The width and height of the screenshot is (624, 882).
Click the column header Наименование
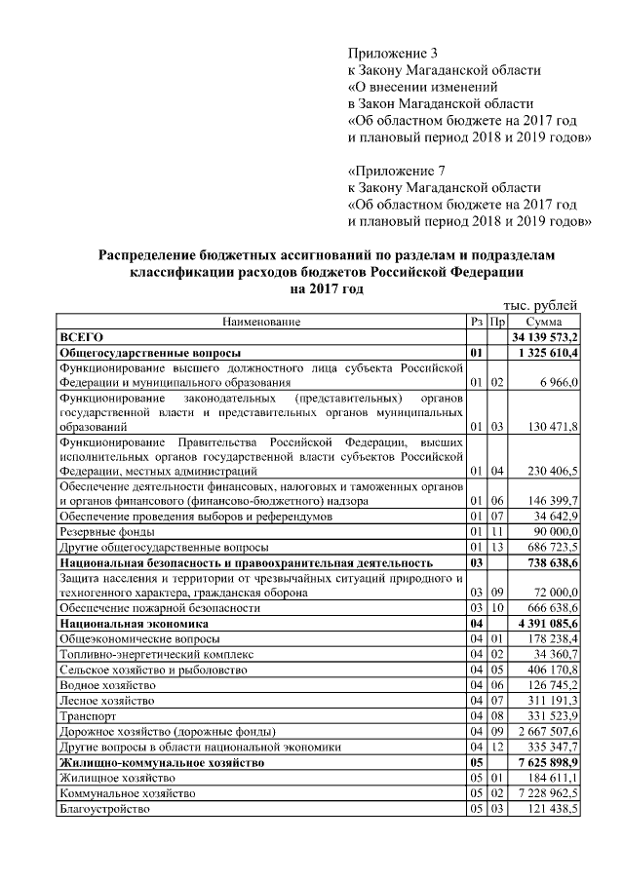[x=261, y=321]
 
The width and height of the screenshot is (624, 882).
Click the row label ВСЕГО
[x=82, y=336]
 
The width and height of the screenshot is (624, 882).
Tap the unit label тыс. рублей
[x=543, y=305]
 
